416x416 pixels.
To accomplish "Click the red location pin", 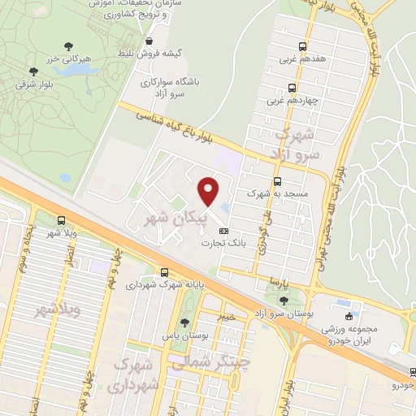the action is [209, 191].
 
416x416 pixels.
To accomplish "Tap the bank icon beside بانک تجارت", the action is [223, 231].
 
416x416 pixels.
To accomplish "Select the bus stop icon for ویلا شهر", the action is [63, 219].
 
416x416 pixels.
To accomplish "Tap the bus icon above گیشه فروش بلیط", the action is [148, 40].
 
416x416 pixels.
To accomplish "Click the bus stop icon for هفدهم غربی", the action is [302, 46].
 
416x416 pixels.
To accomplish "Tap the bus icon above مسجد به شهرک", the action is [278, 181].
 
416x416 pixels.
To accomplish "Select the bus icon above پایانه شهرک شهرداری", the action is [165, 272].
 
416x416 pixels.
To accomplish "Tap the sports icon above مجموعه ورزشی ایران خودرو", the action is [349, 316].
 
